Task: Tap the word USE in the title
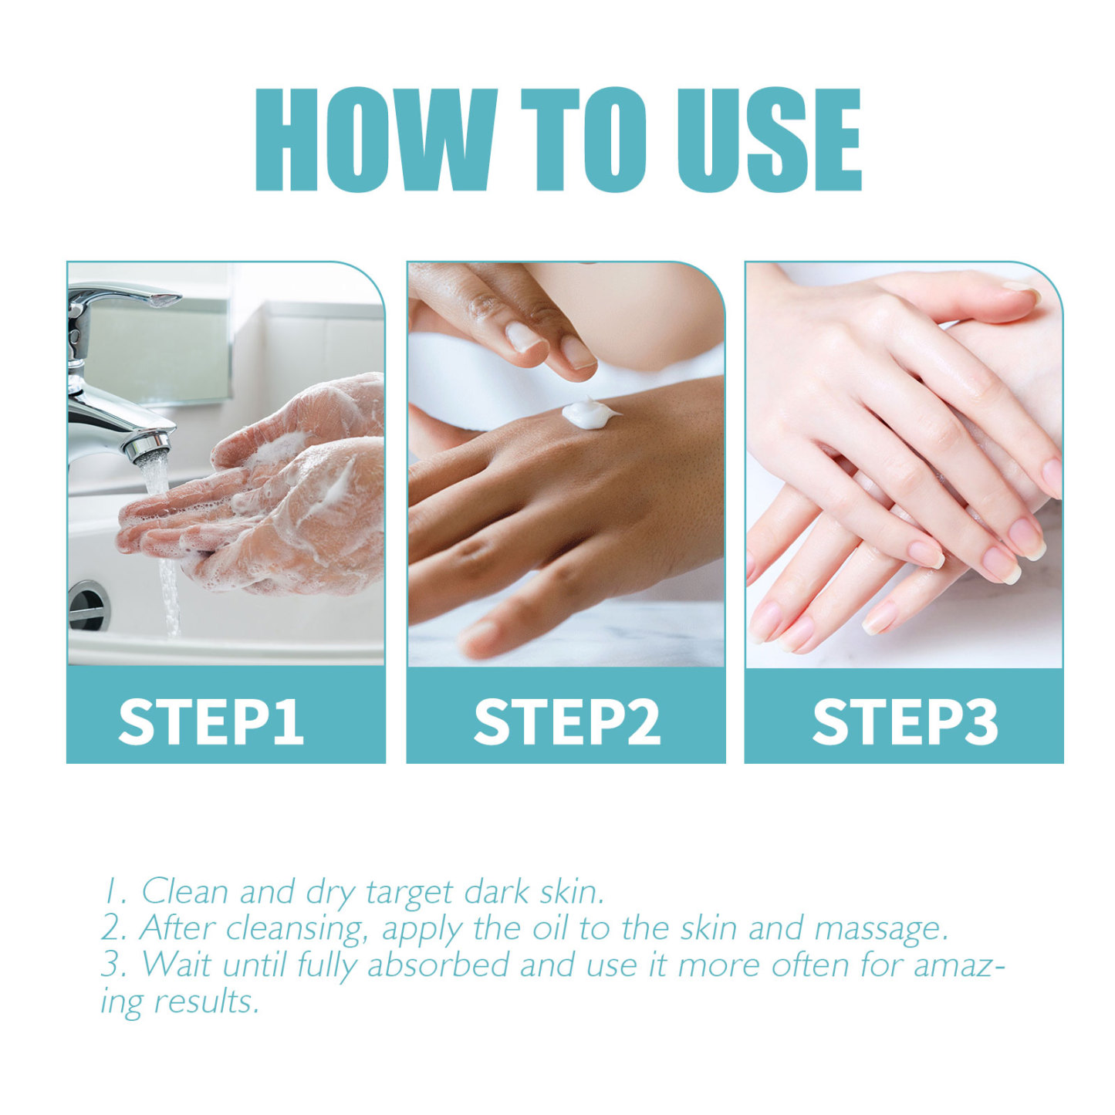769,140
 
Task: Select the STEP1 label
211,721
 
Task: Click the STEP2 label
566,721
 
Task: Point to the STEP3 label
905,721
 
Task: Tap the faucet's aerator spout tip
151,448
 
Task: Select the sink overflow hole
88,605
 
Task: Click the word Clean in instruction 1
184,892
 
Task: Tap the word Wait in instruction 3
177,965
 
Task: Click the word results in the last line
206,1002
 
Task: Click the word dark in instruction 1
497,892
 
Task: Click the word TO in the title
583,140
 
